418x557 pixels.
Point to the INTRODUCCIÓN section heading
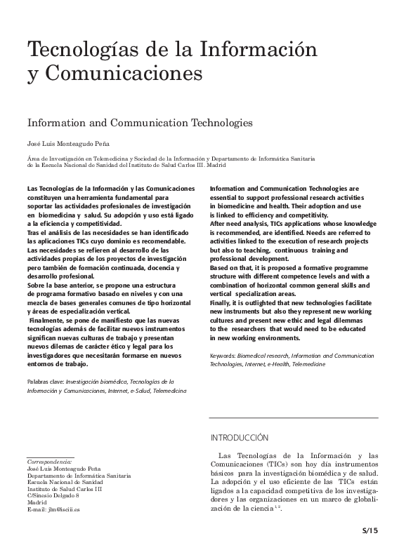pos(240,438)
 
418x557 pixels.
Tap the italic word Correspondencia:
pos(49,462)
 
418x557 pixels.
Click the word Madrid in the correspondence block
pos(37,502)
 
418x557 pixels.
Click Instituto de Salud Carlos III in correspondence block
pos(64,489)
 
